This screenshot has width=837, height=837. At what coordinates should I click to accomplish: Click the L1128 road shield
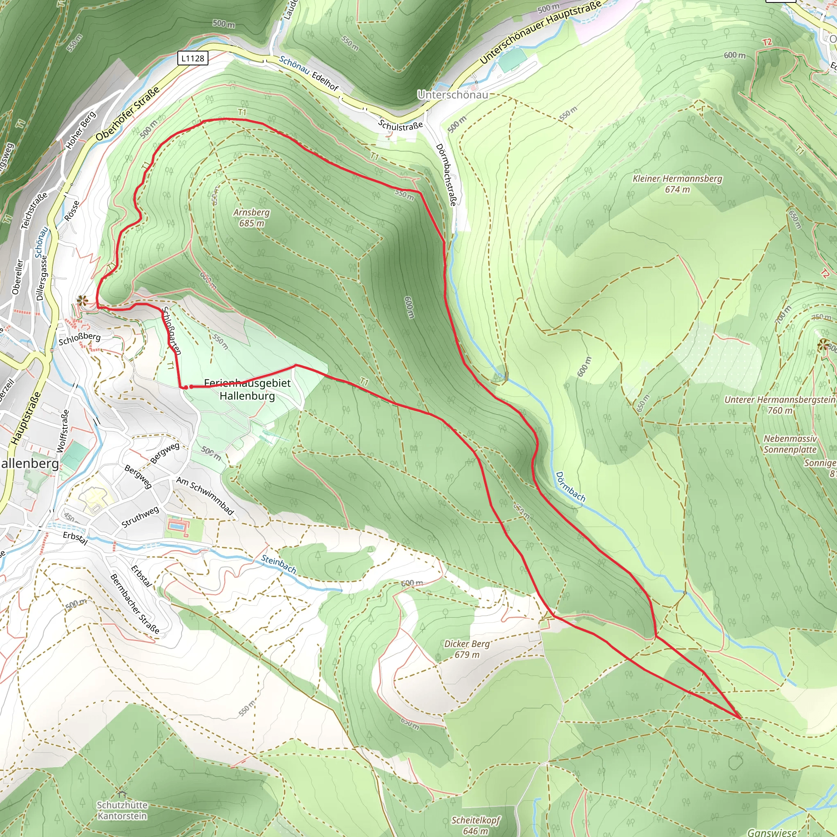[x=193, y=58]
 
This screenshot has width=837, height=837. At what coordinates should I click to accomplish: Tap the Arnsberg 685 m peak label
[x=251, y=217]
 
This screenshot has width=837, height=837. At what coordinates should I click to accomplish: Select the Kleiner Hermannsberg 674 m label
[x=677, y=184]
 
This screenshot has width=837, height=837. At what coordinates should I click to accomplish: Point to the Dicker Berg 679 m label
[x=467, y=649]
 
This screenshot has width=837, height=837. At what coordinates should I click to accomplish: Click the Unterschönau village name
[x=453, y=94]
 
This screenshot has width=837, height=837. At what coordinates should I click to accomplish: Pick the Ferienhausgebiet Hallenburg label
[x=247, y=389]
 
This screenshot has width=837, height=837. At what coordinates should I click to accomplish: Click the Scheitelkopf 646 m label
[x=476, y=825]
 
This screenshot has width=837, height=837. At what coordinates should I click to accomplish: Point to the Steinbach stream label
[x=279, y=564]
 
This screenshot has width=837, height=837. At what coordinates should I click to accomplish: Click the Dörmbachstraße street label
[x=446, y=175]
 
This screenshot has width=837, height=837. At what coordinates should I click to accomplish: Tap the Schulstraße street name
[x=400, y=125]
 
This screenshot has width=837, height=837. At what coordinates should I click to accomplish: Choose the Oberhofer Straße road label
[x=128, y=114]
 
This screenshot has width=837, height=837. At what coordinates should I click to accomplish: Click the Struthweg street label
[x=140, y=517]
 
